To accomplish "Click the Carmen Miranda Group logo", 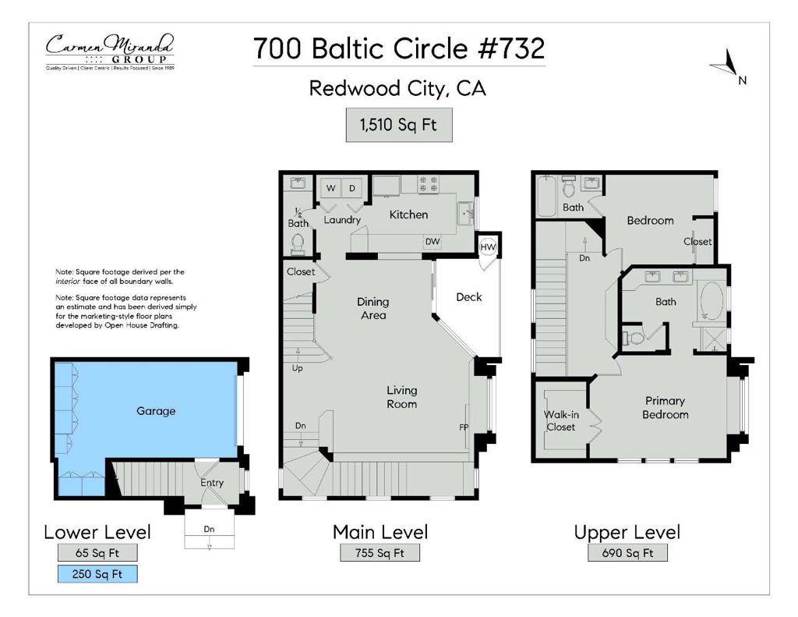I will pyautogui.click(x=109, y=51).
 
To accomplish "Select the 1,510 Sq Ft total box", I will pyautogui.click(x=399, y=125).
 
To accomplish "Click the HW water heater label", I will pyautogui.click(x=488, y=247).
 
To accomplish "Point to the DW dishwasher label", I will pyautogui.click(x=432, y=242).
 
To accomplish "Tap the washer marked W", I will pyautogui.click(x=330, y=188).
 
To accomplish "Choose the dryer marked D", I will pyautogui.click(x=351, y=188).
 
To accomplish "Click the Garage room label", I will pyautogui.click(x=156, y=411).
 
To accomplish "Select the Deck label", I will pyautogui.click(x=468, y=297).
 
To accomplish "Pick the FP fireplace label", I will pyautogui.click(x=463, y=427).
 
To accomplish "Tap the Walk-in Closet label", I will pyautogui.click(x=560, y=420).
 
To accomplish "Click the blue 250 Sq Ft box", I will pyautogui.click(x=97, y=574).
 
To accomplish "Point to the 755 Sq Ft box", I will pyautogui.click(x=380, y=553).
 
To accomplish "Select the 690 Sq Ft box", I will pyautogui.click(x=627, y=553).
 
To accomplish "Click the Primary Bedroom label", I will pyautogui.click(x=665, y=408).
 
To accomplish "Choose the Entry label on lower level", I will pyautogui.click(x=212, y=483).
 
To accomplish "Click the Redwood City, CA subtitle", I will pyautogui.click(x=397, y=88).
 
